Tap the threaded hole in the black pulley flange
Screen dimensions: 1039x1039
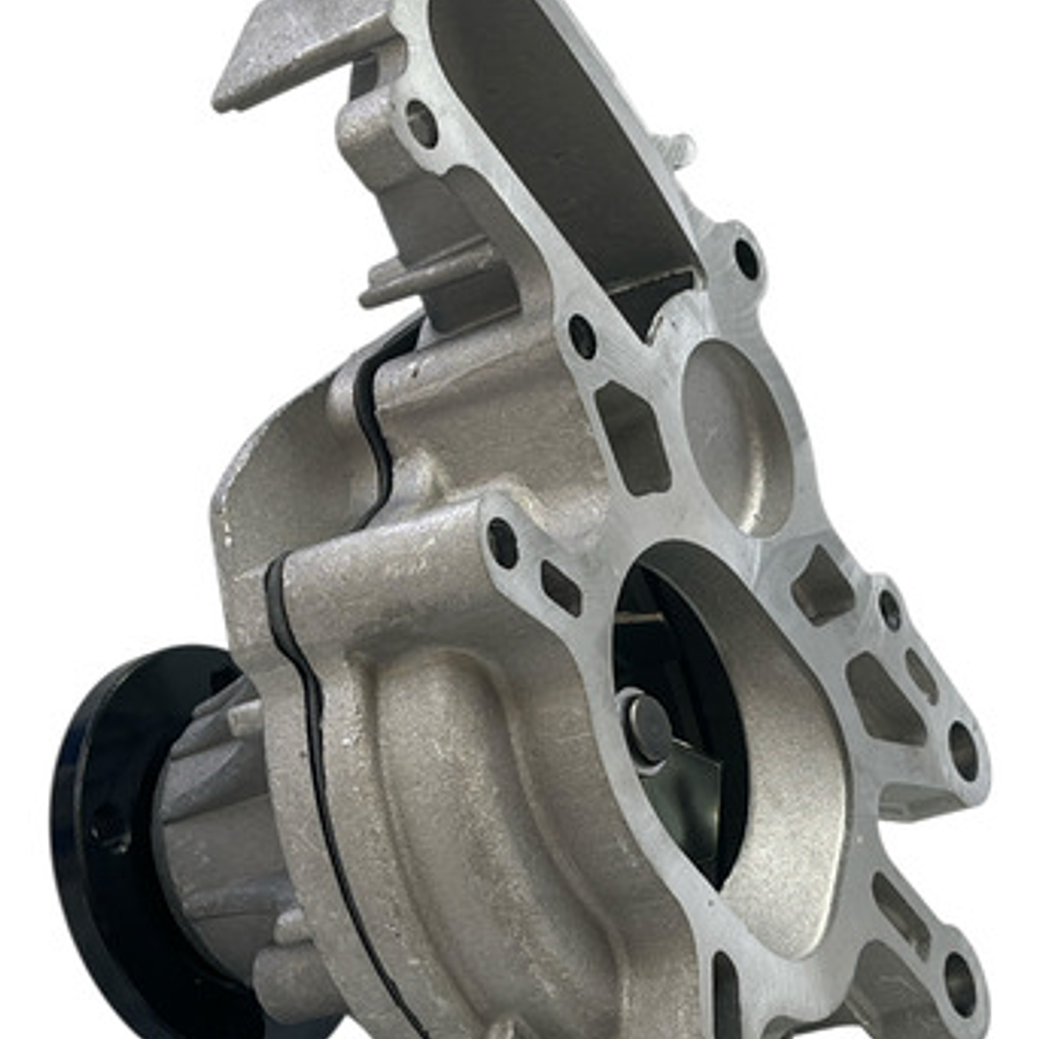[108, 828]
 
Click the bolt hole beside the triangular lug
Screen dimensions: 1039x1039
[422, 123]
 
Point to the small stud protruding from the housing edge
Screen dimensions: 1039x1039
[680, 150]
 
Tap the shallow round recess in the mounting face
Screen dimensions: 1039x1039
[736, 433]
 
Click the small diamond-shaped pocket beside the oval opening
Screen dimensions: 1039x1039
[560, 588]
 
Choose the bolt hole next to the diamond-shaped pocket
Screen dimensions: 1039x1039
[503, 542]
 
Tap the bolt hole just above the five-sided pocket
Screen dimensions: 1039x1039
[583, 336]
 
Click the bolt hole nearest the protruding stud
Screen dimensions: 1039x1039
[747, 258]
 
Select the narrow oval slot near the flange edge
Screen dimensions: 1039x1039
[922, 675]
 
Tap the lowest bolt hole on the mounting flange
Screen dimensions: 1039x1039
[959, 983]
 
